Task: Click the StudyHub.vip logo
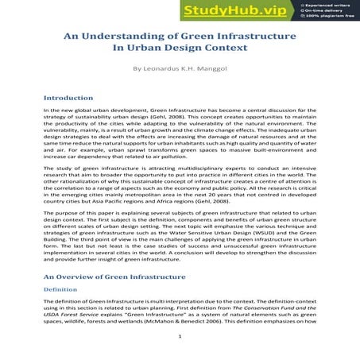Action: [x=242, y=10]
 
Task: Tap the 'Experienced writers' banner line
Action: [x=327, y=4]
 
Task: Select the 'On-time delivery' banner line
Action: [x=324, y=10]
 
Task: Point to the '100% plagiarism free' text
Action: [x=328, y=17]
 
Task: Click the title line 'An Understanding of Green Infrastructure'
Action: [x=180, y=37]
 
